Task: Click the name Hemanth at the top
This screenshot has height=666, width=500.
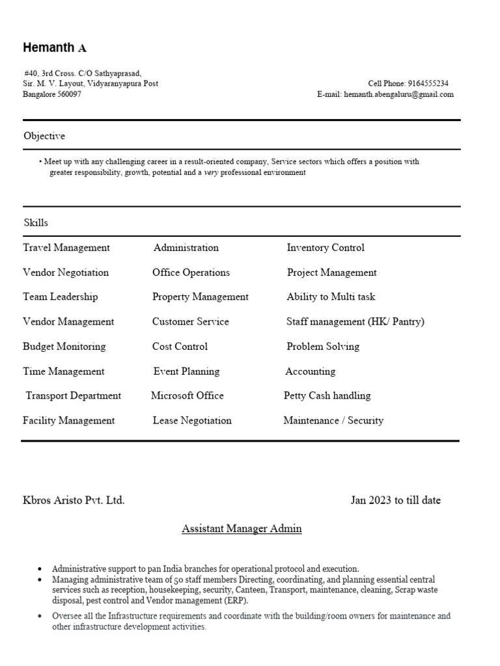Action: coord(49,47)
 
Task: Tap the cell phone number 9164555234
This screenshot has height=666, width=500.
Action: coord(428,83)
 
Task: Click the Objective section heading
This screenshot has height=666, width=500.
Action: coord(44,136)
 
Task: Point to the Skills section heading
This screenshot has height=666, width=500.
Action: coord(36,222)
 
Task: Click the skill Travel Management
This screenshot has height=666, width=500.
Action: coord(66,248)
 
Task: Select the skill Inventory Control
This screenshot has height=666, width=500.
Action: coord(326,248)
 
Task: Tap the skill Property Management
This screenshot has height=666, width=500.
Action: coord(201,297)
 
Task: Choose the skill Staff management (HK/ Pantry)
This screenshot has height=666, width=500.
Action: coord(355,321)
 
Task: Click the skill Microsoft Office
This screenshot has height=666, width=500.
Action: coord(187,395)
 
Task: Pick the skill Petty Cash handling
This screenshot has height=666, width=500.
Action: coord(327,395)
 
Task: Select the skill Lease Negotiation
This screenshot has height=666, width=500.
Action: coord(192,420)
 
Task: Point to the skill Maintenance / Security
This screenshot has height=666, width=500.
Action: coord(333,420)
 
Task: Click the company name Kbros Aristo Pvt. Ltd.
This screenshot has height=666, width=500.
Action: coord(74,500)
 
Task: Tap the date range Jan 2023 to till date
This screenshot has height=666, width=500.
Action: coord(396,500)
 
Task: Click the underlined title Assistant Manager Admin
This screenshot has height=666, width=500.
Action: coord(242,529)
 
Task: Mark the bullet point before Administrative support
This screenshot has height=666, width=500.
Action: coord(40,568)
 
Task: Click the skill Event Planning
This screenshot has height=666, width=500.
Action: coord(187,371)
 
